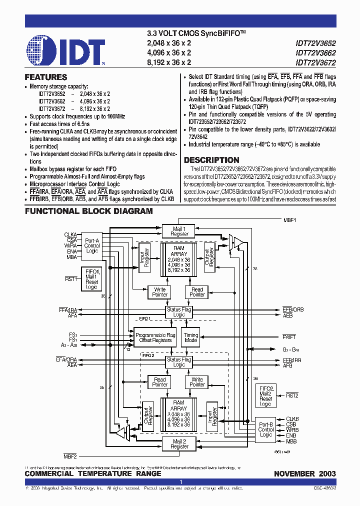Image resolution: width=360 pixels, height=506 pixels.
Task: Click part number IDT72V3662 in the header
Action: pyautogui.click(x=315, y=52)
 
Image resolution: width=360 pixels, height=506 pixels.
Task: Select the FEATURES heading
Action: pyautogui.click(x=46, y=77)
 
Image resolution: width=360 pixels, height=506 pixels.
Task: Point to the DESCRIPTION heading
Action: pyautogui.click(x=211, y=160)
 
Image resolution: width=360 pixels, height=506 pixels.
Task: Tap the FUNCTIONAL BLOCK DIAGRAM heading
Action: pyautogui.click(x=89, y=211)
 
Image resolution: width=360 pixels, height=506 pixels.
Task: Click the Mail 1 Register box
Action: pyautogui.click(x=179, y=231)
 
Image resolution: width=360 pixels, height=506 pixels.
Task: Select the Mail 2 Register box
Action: pyautogui.click(x=179, y=443)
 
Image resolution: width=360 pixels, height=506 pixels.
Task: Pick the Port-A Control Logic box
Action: pyautogui.click(x=92, y=245)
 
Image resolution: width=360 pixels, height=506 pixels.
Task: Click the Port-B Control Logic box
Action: pyautogui.click(x=265, y=429)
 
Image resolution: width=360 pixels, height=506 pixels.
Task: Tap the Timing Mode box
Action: pyautogui.click(x=191, y=337)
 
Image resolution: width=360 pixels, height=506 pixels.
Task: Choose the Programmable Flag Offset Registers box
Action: pyautogui.click(x=155, y=337)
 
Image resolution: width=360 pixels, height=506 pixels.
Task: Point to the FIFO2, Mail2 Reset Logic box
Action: pyautogui.click(x=265, y=395)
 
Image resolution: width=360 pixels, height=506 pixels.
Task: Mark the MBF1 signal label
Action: pyautogui.click(x=290, y=220)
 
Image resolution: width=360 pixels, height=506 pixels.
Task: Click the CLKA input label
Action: pyautogui.click(x=70, y=234)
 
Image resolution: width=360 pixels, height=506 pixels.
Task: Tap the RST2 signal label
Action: pyautogui.click(x=292, y=395)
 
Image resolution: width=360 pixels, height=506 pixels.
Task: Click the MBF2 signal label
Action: pyautogui.click(x=70, y=456)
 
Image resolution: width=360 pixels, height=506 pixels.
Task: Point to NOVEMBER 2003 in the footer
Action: pyautogui.click(x=305, y=473)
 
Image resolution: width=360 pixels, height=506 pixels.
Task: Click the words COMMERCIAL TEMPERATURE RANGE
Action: pyautogui.click(x=93, y=473)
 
